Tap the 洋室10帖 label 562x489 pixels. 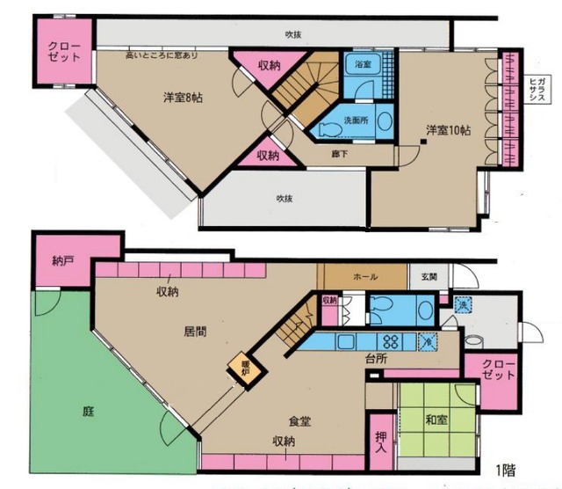coord(448,130)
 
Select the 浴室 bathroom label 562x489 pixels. coord(362,66)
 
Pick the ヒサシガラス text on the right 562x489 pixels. coord(534,89)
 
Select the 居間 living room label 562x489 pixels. coord(195,332)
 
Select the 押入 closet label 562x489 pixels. coord(380,442)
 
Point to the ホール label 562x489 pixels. coord(364,276)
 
